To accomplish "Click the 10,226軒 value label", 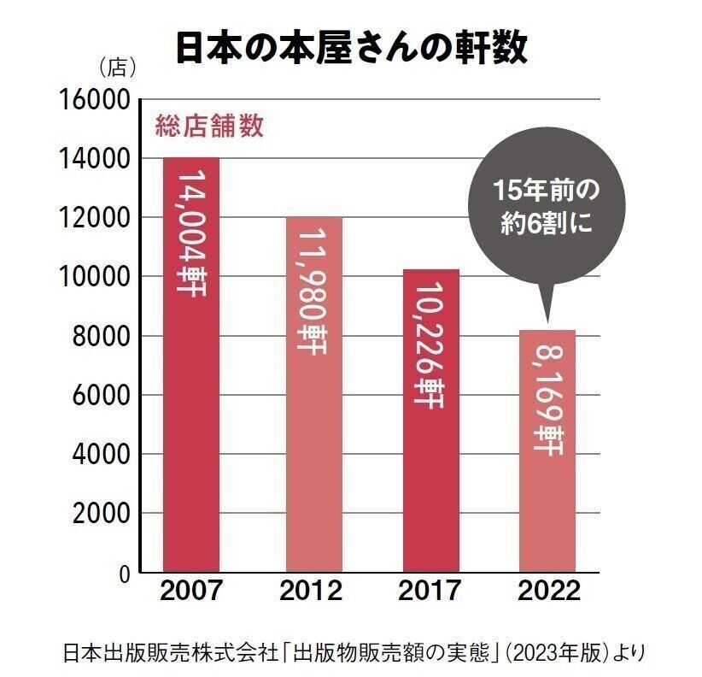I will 430,346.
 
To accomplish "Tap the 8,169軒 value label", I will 547,402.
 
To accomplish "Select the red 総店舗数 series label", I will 208,127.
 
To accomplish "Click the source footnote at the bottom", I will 351,652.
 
